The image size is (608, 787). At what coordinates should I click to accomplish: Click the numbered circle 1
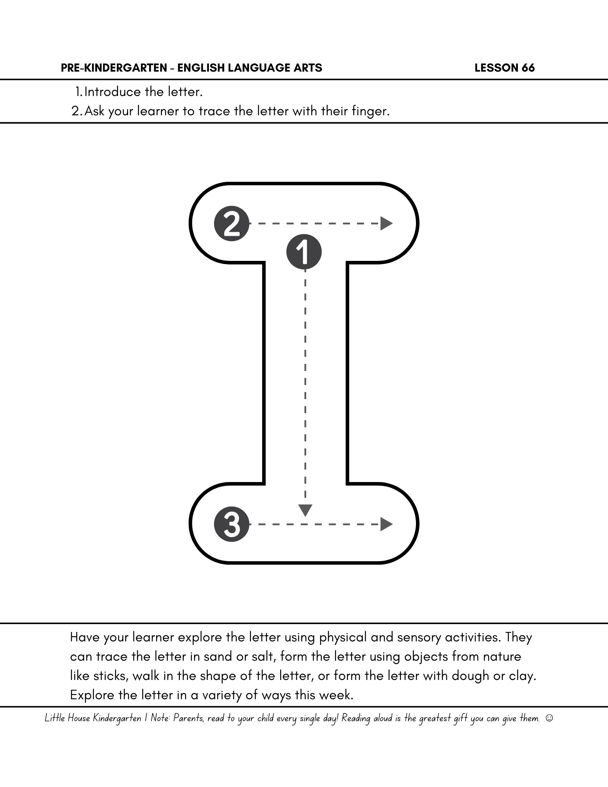(x=304, y=252)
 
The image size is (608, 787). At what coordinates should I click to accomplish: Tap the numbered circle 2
(x=232, y=224)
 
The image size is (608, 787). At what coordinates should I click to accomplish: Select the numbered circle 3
(x=232, y=524)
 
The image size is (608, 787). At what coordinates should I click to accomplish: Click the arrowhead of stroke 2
(x=386, y=224)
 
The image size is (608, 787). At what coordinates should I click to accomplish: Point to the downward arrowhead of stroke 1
(x=305, y=510)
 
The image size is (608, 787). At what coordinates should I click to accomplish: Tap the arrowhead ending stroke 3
(x=386, y=524)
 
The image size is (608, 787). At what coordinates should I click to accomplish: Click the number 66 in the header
(x=528, y=68)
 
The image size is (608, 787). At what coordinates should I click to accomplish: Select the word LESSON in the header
(x=497, y=68)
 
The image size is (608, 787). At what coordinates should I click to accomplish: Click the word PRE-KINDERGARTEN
(x=114, y=68)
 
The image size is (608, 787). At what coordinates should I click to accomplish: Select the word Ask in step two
(x=94, y=111)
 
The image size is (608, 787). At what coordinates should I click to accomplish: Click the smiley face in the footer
(x=549, y=718)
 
